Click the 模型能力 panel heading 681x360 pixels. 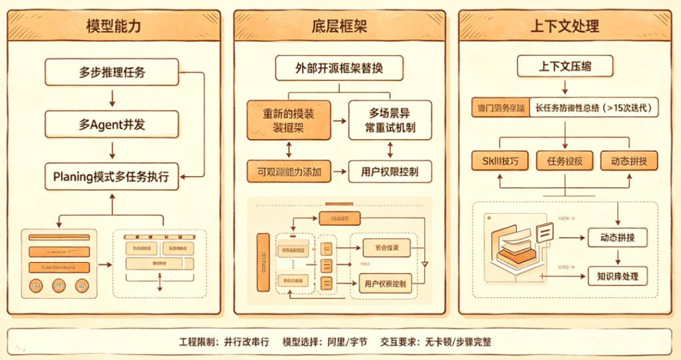[x=113, y=27]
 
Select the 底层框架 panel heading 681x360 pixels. [x=339, y=27]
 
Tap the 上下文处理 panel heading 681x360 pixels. [x=565, y=27]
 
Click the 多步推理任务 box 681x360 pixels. [x=112, y=72]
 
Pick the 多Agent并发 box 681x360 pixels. [x=112, y=124]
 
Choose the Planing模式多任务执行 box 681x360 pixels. [x=112, y=177]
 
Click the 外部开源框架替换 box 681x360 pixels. [x=339, y=68]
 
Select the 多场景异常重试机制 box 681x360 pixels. [x=389, y=120]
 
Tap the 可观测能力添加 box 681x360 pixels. [x=289, y=172]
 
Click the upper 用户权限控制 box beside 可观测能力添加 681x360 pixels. [x=389, y=172]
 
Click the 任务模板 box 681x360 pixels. [x=565, y=160]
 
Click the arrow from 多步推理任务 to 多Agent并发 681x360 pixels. [x=112, y=98]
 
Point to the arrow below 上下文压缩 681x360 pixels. [x=565, y=87]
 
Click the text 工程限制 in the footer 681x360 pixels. [x=198, y=342]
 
